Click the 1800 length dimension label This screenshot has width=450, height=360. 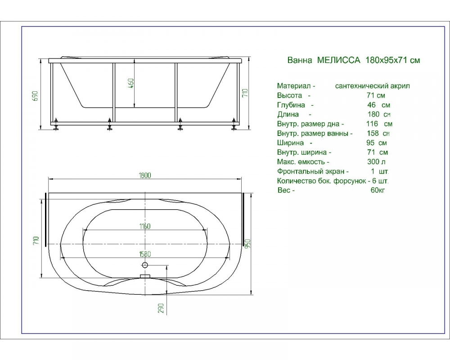tap(144, 175)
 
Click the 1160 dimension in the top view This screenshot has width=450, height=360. tap(145, 226)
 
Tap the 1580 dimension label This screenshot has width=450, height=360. tap(145, 254)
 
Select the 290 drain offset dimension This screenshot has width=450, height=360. tap(161, 308)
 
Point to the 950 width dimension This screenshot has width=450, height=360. tap(248, 244)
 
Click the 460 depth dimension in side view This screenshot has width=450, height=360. tap(131, 83)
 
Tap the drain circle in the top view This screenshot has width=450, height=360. tap(145, 265)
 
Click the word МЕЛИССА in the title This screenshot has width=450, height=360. tap(338, 60)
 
